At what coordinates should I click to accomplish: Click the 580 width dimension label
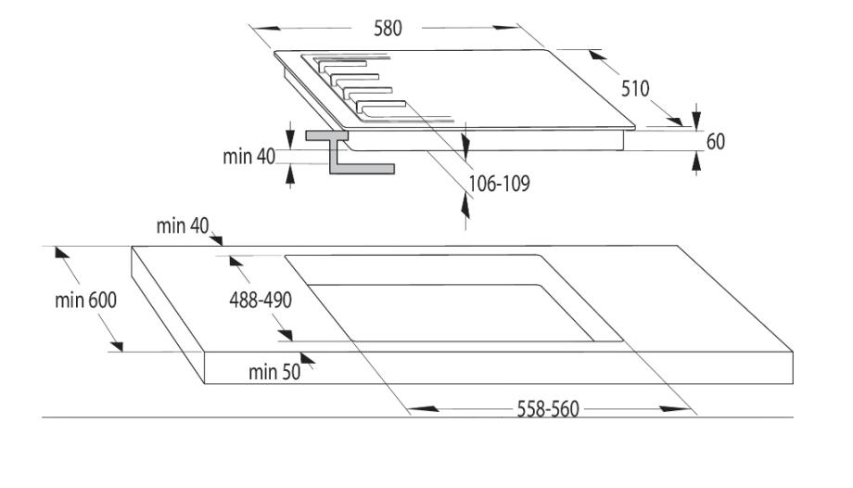[388, 28]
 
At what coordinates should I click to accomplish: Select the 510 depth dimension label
[635, 89]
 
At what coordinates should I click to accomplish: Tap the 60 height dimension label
[715, 142]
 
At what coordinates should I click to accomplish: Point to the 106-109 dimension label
[500, 184]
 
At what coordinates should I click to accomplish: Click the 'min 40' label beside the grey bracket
[249, 157]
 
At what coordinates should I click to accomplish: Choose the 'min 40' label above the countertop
[184, 225]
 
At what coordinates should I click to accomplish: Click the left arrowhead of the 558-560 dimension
[414, 408]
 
